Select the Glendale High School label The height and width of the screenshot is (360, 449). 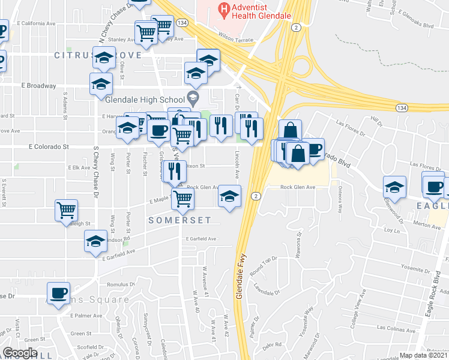147,100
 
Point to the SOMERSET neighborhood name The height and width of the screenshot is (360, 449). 180,220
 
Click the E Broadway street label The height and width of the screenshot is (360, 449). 37,86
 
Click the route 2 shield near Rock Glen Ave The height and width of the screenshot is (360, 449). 256,196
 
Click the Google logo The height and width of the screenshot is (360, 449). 20,353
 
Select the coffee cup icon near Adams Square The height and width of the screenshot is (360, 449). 58,293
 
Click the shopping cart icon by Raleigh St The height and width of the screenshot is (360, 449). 66,210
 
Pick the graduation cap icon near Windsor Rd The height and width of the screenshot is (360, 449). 95,242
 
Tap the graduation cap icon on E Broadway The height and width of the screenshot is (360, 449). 101,84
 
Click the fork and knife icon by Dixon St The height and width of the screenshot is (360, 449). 175,170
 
